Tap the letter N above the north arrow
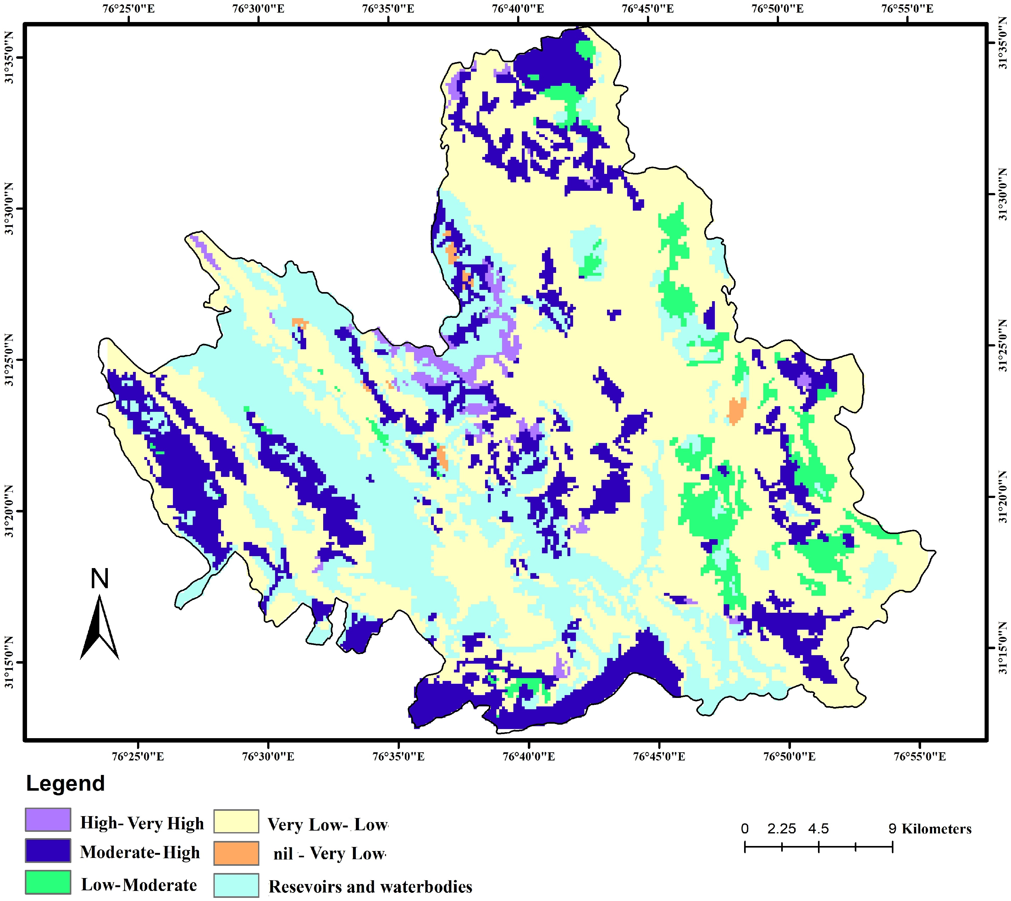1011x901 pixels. [x=100, y=579]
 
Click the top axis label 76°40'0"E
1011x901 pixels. [x=518, y=9]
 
